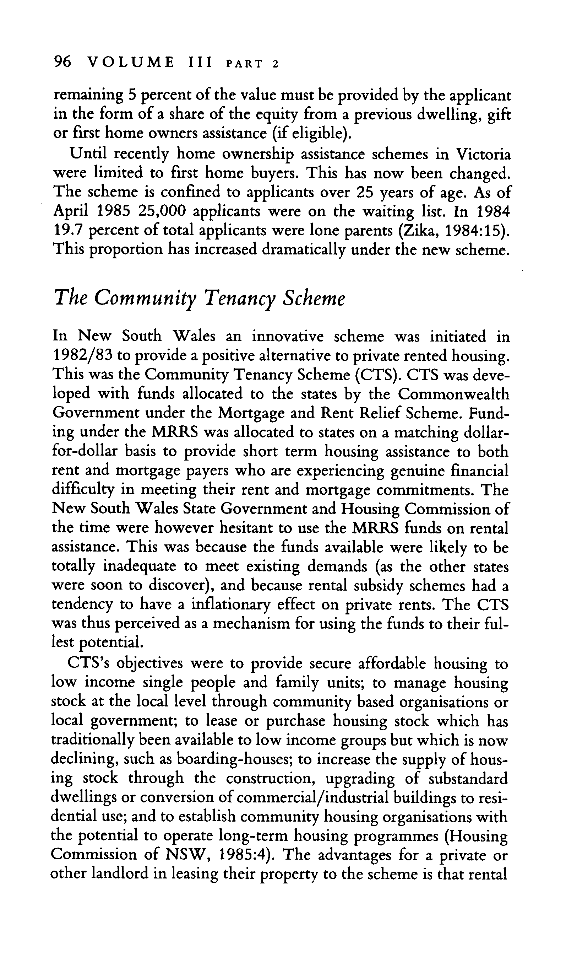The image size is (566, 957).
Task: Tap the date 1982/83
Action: (x=82, y=356)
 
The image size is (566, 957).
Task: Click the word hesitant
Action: (x=251, y=528)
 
